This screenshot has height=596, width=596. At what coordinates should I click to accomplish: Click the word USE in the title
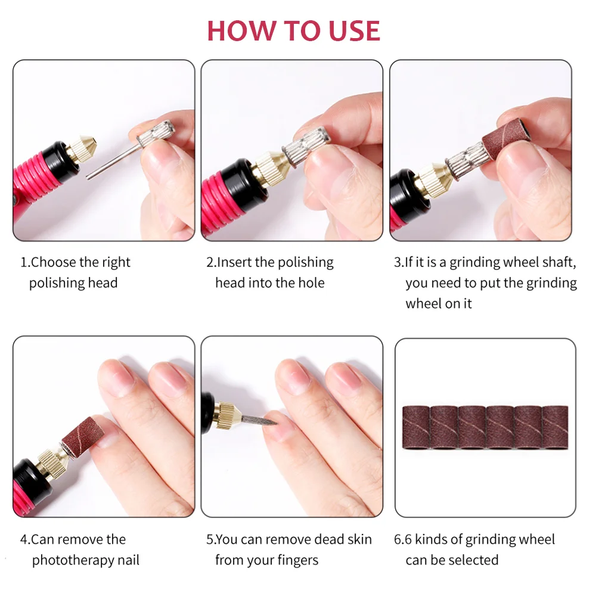tap(354, 30)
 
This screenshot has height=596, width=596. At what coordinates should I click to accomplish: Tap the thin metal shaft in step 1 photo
tap(113, 162)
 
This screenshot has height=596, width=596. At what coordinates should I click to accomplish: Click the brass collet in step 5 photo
tap(226, 414)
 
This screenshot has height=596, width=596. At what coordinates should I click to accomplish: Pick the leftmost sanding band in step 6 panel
tap(416, 427)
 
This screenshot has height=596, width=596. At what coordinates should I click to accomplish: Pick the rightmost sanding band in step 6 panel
tap(555, 427)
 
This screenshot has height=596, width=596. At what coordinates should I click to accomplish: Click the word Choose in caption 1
tap(54, 262)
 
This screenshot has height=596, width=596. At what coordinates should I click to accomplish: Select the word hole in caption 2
tap(311, 283)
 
